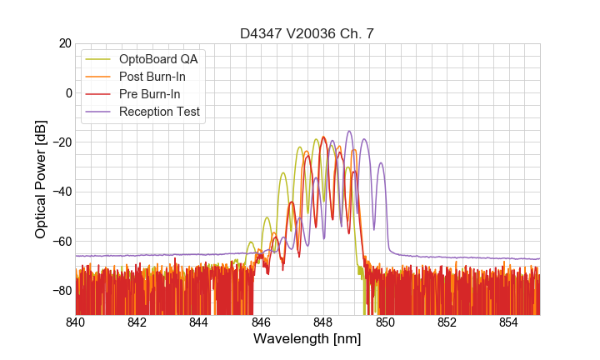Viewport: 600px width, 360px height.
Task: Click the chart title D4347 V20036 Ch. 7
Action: pos(307,33)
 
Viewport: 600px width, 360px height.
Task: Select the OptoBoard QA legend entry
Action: pos(158,59)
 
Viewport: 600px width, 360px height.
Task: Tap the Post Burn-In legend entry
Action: pos(152,77)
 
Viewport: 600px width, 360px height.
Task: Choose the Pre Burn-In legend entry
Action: pos(149,94)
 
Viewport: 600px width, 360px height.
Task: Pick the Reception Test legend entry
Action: pos(159,112)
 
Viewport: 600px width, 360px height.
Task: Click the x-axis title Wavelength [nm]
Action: pos(307,339)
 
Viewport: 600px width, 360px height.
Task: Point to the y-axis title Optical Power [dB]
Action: pos(41,178)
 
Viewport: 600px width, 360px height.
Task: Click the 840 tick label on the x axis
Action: pos(76,322)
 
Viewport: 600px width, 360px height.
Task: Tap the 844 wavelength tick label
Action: pos(199,322)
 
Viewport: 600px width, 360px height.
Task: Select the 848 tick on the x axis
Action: pos(323,322)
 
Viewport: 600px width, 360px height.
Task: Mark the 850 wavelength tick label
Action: pos(385,322)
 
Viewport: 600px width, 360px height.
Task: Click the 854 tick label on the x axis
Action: pos(509,322)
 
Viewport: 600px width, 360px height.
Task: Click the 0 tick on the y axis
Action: pos(67,92)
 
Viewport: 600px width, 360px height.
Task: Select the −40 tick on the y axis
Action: pos(60,192)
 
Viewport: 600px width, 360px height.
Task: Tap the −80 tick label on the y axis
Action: pos(60,291)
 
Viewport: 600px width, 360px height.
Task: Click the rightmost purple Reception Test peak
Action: pos(381,163)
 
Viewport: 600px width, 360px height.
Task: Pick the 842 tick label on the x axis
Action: pos(137,322)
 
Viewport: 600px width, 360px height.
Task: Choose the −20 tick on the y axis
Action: pos(60,142)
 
